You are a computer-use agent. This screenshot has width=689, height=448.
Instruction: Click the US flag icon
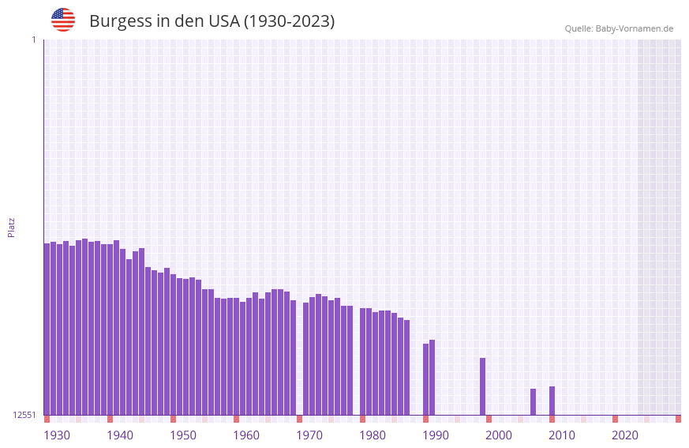63,20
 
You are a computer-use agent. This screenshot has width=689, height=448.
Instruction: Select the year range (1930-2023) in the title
289,21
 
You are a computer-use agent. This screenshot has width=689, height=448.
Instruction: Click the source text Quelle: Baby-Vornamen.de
619,28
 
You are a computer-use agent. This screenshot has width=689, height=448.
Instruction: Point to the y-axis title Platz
11,227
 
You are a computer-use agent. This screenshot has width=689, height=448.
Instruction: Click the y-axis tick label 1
33,40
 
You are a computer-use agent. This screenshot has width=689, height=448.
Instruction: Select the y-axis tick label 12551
24,415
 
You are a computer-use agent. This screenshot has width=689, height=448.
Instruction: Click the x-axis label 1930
57,435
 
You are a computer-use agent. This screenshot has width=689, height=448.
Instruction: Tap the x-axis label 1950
183,435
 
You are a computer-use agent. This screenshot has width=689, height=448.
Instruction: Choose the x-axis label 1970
309,435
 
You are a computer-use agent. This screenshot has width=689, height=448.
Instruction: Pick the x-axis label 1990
436,435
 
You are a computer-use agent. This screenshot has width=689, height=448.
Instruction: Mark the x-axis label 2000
499,435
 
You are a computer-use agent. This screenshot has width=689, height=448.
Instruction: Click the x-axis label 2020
625,435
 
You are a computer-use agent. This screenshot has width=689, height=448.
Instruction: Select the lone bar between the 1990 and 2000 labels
482,386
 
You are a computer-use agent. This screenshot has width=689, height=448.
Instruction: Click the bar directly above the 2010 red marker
552,401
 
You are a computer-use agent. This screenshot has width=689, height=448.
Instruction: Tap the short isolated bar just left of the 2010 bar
533,401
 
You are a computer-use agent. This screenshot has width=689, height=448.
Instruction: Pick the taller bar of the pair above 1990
432,377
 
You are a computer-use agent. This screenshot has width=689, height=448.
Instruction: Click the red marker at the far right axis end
678,419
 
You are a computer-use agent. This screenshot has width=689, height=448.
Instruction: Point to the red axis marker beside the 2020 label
615,419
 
